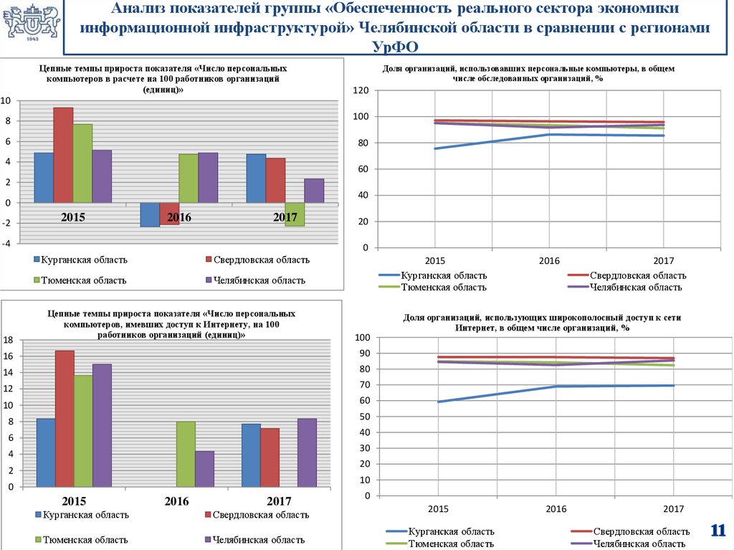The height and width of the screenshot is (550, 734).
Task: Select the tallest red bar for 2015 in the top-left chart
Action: click(63, 155)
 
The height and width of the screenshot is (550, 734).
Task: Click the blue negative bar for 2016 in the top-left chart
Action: click(150, 214)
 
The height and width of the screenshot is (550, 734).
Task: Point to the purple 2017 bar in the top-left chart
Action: click(314, 191)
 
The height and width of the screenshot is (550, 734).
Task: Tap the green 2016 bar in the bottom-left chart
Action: click(186, 454)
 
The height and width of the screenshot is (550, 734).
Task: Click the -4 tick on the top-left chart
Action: click(6, 243)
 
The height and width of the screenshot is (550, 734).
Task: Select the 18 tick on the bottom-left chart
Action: click(8, 339)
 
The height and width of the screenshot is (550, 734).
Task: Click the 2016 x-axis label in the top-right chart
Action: click(549, 260)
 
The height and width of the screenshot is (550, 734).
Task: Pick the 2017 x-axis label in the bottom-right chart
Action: click(673, 508)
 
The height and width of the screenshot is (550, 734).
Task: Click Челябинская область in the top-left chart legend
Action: click(259, 280)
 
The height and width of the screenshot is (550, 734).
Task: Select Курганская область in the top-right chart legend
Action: click(444, 275)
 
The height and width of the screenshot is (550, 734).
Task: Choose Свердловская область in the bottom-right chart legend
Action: click(642, 531)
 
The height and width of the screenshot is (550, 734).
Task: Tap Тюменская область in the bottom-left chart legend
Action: click(84, 539)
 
